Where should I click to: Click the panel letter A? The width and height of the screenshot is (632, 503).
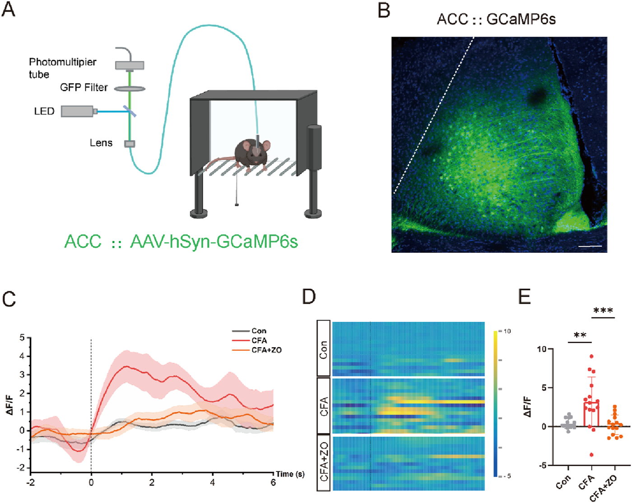point(9,9)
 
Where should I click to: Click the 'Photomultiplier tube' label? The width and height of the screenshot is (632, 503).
point(62,68)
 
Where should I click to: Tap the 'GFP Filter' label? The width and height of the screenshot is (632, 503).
point(84,87)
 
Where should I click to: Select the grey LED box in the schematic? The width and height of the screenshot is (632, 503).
point(77,111)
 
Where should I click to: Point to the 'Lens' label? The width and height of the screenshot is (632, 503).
point(101,143)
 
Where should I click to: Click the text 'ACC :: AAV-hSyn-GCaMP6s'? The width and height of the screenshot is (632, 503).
point(181,242)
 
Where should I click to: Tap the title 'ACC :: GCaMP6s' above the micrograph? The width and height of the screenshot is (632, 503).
point(496,19)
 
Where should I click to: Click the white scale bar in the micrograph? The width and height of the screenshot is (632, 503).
point(590,246)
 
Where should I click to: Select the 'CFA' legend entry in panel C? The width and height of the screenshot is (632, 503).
point(259,340)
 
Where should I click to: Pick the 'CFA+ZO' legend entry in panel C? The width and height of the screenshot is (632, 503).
point(266,350)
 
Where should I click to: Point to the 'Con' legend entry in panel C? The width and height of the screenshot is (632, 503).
point(259,331)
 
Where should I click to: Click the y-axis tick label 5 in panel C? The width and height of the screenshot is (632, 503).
point(22,338)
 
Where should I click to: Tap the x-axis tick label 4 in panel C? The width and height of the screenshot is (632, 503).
point(212,483)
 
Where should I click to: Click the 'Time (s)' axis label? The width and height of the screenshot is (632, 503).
point(290,474)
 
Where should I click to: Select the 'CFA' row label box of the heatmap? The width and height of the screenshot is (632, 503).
point(323,406)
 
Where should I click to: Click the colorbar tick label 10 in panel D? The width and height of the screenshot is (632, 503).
point(507,331)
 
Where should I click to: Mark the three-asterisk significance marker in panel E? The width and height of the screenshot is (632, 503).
point(603,311)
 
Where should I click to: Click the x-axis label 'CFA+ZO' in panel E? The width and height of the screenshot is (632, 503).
point(604,488)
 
